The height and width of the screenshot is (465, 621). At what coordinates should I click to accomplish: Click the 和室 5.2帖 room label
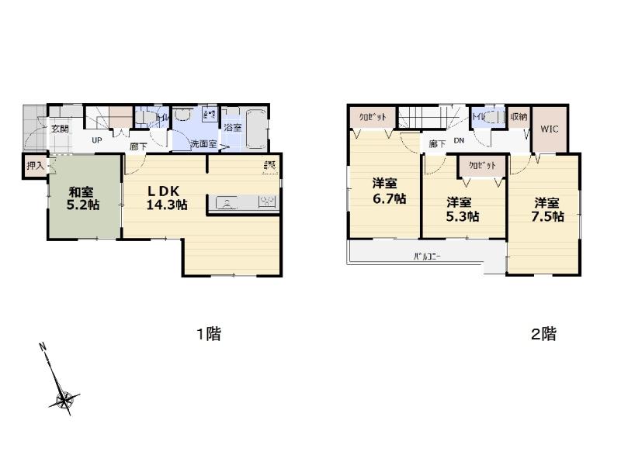pyautogui.click(x=81, y=198)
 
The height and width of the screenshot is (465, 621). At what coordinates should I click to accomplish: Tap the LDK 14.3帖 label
pyautogui.click(x=166, y=198)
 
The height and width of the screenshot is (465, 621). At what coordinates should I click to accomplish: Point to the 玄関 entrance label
pyautogui.click(x=60, y=129)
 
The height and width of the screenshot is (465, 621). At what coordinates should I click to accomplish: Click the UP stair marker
pyautogui.click(x=96, y=140)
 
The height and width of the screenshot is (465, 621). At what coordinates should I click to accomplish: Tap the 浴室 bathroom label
pyautogui.click(x=232, y=126)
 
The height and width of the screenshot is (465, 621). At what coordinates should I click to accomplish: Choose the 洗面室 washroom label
pyautogui.click(x=204, y=143)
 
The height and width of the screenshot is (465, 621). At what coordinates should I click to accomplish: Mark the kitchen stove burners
pyautogui.click(x=266, y=203)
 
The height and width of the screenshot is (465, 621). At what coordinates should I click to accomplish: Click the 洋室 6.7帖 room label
pyautogui.click(x=386, y=191)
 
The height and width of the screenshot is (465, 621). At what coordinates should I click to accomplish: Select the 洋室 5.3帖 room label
pyautogui.click(x=460, y=208)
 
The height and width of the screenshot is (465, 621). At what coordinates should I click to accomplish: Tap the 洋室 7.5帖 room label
pyautogui.click(x=547, y=209)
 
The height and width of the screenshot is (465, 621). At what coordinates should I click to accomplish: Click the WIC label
pyautogui.click(x=550, y=129)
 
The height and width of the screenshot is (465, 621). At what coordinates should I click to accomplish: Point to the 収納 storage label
pyautogui.click(x=519, y=117)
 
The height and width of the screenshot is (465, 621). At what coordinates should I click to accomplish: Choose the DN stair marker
pyautogui.click(x=459, y=140)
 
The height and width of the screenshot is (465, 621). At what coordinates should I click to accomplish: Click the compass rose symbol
pyautogui.click(x=64, y=400)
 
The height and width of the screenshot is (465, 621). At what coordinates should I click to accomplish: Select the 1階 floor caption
pyautogui.click(x=208, y=335)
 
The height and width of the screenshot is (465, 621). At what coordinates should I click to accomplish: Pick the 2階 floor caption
pyautogui.click(x=543, y=335)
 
